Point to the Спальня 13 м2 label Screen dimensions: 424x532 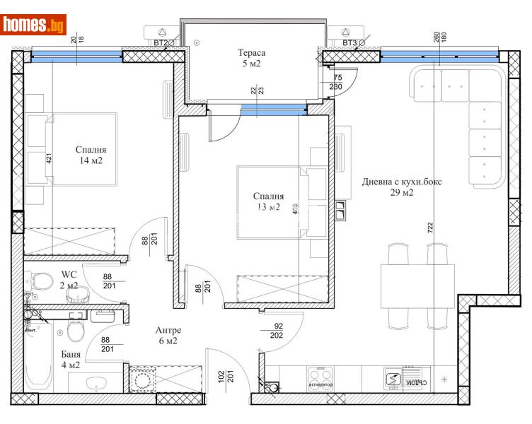[x=268, y=201]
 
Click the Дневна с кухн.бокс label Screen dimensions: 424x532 [x=401, y=187]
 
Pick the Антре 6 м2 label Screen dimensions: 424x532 [x=168, y=336]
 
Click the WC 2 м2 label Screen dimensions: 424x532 [x=69, y=280]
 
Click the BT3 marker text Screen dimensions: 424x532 [x=349, y=44]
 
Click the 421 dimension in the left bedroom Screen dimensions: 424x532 [x=49, y=158]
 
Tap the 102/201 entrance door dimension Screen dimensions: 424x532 [x=226, y=381]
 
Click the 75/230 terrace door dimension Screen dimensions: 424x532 [x=337, y=83]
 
